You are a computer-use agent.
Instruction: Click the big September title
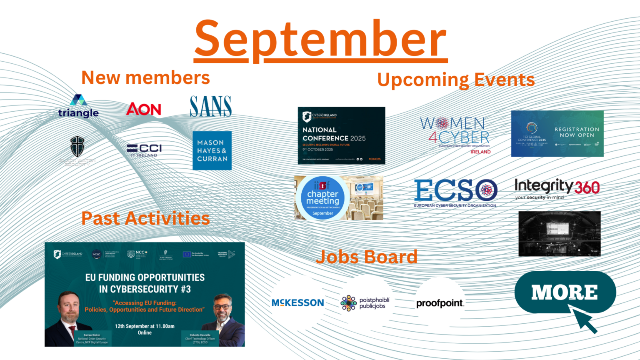click(x=320, y=40)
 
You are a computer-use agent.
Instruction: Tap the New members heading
click(x=145, y=78)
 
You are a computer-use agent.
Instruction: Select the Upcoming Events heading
click(x=455, y=80)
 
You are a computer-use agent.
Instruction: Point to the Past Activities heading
click(x=145, y=218)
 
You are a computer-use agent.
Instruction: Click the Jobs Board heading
click(x=366, y=257)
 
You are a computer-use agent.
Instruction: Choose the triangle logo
click(x=78, y=107)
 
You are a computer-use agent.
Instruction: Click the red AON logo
click(x=144, y=109)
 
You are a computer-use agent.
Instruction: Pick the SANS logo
click(x=211, y=107)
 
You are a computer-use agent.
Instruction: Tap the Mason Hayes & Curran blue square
click(x=212, y=150)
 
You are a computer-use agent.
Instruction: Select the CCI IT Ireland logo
click(x=144, y=150)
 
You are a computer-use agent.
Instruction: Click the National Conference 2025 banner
click(x=341, y=135)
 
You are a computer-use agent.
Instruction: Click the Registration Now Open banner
click(x=557, y=133)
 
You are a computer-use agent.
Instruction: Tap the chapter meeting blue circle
click(x=323, y=198)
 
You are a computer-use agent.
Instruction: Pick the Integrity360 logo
click(x=557, y=189)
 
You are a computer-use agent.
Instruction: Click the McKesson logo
click(x=297, y=303)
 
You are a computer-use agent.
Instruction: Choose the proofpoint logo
click(x=440, y=303)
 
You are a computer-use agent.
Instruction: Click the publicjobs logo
click(x=365, y=303)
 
